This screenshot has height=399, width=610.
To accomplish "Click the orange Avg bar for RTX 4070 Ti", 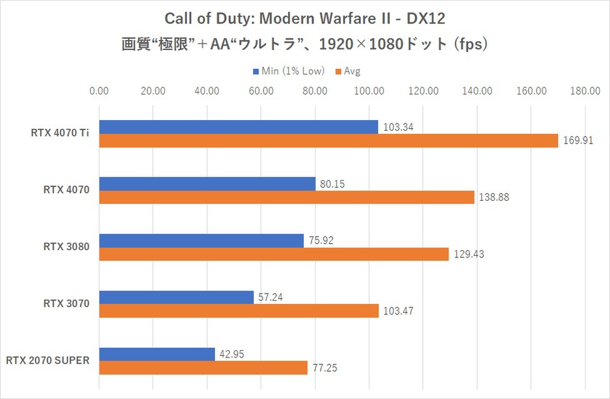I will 328,141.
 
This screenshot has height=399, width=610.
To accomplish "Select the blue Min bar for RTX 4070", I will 207,184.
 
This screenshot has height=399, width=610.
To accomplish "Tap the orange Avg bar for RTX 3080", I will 274,254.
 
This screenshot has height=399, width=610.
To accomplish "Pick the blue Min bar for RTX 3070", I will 176,297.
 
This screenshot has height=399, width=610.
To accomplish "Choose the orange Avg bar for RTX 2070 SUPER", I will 203,368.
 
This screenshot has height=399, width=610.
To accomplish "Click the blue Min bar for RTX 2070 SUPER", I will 157,354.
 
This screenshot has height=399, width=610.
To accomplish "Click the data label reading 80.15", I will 332,184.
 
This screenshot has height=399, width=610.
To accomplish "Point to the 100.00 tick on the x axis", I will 369,91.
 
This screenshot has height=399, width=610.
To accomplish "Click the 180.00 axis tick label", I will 585,91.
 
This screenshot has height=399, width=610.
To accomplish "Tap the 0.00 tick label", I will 99,91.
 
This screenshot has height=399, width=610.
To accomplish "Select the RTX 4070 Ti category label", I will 60,133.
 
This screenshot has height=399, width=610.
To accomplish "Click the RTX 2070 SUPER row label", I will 47,360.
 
